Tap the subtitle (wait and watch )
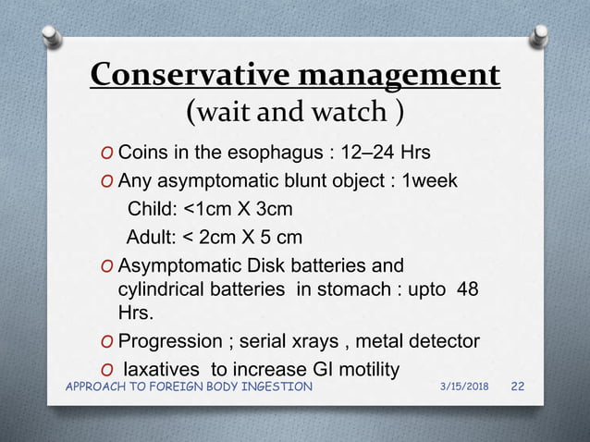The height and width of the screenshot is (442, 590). (294, 113)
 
